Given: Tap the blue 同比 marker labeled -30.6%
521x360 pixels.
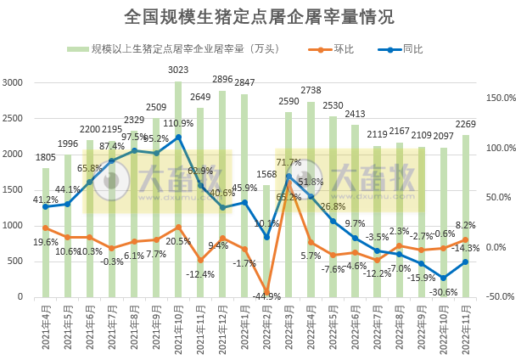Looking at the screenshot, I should (x=443, y=278).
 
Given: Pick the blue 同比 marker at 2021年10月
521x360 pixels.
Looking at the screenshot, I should (x=178, y=137).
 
